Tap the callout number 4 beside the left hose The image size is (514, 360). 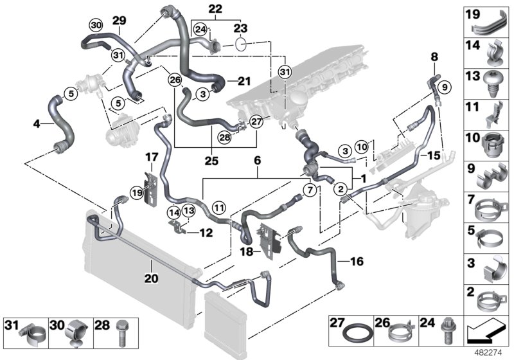point(37,123)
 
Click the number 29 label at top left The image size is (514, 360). point(119,21)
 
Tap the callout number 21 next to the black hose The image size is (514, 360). point(242,81)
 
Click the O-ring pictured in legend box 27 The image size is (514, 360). point(353,335)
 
